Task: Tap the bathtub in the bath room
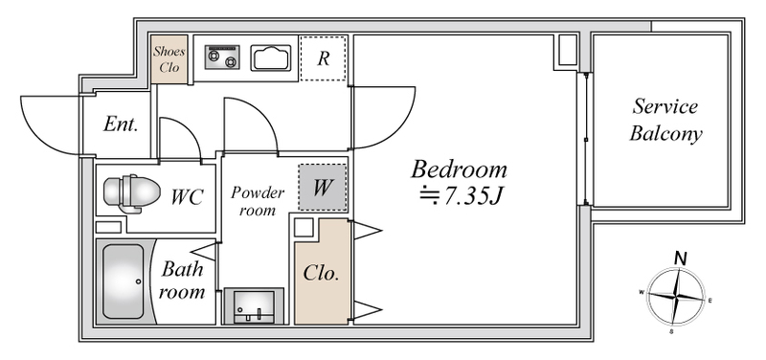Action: coord(124,281)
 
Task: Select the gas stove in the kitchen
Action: coord(222,57)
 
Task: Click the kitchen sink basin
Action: coord(268,58)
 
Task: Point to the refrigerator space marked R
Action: coord(323,57)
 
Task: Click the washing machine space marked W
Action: coord(323,188)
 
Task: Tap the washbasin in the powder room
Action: coord(254,306)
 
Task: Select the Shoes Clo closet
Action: coord(169,59)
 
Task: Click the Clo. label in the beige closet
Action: coord(321,274)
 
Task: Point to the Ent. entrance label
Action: coord(121,124)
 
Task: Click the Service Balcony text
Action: coord(665,121)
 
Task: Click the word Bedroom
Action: coord(459,169)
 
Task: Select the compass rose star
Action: coord(676,296)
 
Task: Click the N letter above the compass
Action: coord(679,259)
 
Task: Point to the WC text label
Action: coord(187,197)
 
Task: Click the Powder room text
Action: coord(258,201)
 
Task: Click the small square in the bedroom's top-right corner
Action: coord(568,50)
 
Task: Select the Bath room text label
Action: coord(182,281)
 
